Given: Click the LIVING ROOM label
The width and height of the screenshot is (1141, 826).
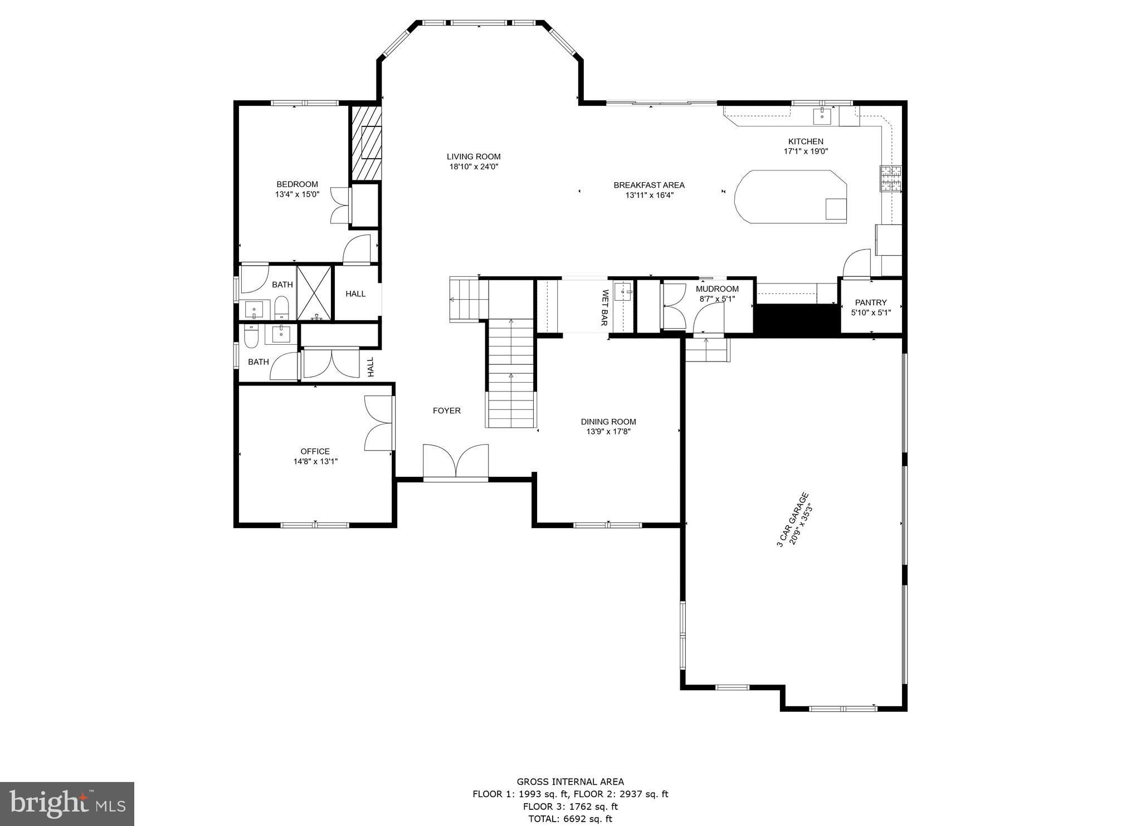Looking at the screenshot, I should [x=474, y=157].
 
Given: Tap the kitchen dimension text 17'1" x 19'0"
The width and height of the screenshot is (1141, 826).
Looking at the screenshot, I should [x=806, y=151].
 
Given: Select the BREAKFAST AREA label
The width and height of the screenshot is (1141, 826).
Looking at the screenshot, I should [x=649, y=185].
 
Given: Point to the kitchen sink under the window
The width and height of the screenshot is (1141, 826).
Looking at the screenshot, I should [x=822, y=117].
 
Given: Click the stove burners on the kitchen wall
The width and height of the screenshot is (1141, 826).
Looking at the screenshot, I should [x=891, y=179].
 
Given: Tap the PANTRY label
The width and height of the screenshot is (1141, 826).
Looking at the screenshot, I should [x=871, y=302].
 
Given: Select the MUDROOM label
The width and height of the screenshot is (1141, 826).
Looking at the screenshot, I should [x=717, y=289].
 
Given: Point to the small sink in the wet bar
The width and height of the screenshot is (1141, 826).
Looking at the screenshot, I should [x=623, y=291].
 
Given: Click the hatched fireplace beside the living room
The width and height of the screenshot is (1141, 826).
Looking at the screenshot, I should [x=366, y=143].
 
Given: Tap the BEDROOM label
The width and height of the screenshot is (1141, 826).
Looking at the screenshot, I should [x=297, y=184].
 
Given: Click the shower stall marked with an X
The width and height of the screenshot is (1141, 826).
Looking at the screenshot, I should [x=314, y=293].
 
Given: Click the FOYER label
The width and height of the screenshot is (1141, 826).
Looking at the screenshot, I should [x=447, y=410].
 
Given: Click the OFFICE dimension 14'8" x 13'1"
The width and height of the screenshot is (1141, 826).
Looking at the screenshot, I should [x=315, y=461].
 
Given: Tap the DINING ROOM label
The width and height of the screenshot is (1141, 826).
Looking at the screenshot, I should [x=608, y=422].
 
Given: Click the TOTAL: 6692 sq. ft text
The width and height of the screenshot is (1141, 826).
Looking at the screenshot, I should [x=570, y=819].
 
